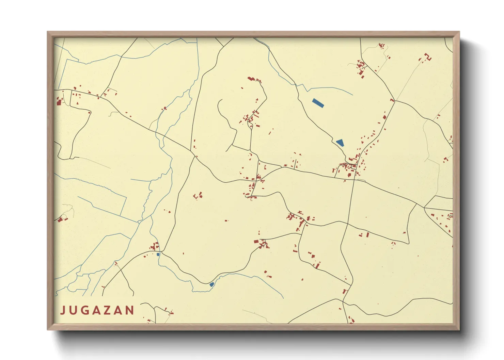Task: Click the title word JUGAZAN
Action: click(x=97, y=310)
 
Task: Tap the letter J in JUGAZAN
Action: click(x=63, y=310)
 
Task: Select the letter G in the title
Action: click(x=85, y=310)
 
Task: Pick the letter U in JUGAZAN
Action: click(x=74, y=310)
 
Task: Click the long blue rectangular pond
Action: click(x=318, y=103)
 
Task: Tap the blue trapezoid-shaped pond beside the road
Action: click(x=340, y=143)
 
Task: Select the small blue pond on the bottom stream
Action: click(x=211, y=284)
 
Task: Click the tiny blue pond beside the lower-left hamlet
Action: click(x=158, y=254)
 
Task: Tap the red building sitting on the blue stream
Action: click(x=164, y=109)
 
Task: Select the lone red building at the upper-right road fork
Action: click(x=392, y=100)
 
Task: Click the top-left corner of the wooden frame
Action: click(x=48, y=32)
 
